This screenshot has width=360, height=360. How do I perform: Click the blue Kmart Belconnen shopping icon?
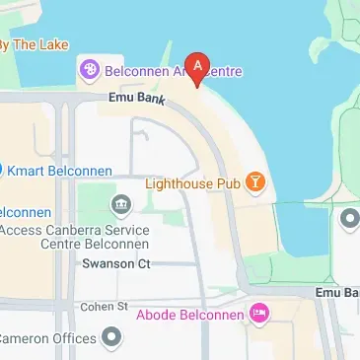pos(2,170)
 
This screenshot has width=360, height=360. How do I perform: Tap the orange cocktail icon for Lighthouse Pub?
pos(255,181)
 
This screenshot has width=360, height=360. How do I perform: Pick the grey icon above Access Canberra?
pos(122,204)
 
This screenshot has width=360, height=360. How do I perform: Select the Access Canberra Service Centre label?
pos(74,237)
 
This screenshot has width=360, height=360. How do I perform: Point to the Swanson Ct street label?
pos(115,263)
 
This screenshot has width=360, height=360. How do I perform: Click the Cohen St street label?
pos(106,307)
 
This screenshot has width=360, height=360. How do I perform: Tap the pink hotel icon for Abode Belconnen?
pos(259,315)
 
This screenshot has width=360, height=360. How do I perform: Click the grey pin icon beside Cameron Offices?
pos(113,338)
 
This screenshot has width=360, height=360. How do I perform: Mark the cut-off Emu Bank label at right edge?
pos(338,293)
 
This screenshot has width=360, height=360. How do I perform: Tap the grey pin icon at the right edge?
pos(351,217)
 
